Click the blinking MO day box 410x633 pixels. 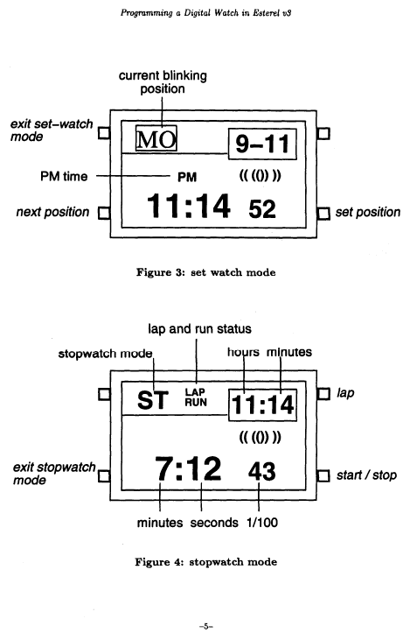156,138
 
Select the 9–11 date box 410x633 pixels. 262,144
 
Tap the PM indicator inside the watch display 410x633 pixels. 187,177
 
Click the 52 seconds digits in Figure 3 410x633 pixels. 262,209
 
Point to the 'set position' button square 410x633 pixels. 323,214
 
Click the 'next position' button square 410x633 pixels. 104,213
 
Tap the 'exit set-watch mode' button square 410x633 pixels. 104,133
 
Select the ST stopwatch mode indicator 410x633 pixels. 152,400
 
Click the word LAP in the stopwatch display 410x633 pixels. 195,392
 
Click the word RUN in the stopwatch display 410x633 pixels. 196,402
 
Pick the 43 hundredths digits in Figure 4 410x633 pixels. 262,472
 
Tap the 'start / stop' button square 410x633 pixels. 323,476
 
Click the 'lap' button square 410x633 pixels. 323,394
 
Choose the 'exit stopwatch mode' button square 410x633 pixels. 104,476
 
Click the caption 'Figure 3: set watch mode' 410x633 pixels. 206,272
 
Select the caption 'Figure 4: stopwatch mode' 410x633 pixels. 206,562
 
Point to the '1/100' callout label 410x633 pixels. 262,523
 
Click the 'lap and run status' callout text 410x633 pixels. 199,329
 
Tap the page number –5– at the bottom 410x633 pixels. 205,626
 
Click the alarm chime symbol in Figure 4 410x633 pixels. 260,437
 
